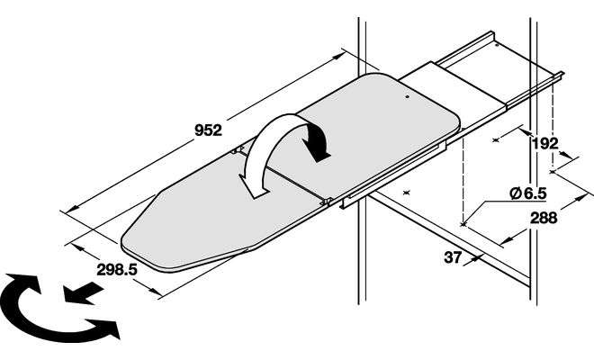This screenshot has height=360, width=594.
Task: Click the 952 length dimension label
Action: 208,130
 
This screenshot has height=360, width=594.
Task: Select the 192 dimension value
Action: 544,142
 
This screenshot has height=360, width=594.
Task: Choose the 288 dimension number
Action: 544,218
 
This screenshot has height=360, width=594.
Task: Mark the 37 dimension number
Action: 452,257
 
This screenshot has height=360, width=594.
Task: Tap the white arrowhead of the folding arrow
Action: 255,186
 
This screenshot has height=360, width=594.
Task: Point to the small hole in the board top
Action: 406,91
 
